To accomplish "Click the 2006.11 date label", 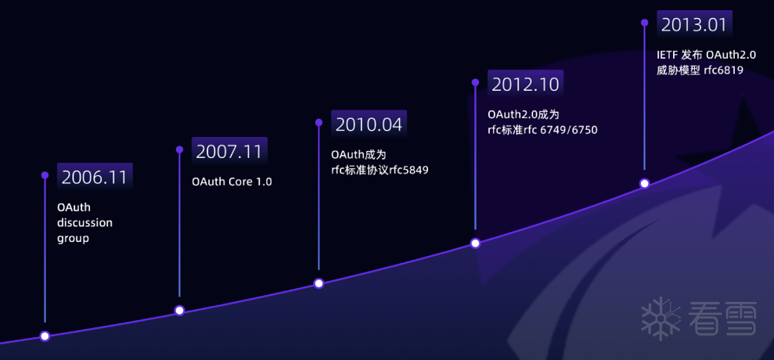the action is [95, 177].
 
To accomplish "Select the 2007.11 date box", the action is [229, 151].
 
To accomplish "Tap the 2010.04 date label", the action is [369, 124].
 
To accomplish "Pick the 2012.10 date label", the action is [526, 84].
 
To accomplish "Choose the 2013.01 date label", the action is [694, 24].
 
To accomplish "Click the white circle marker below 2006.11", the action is [45, 337].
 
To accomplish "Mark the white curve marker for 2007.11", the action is [180, 310].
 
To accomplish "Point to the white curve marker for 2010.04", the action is [319, 283].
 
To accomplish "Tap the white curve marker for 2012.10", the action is [475, 243].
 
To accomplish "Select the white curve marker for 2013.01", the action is [644, 183].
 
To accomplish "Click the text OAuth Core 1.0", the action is [232, 182].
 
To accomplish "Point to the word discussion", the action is [85, 223].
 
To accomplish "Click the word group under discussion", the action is [73, 239].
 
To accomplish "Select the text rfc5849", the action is [409, 171].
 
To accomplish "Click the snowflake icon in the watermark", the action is [661, 319].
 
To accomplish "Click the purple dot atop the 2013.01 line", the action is [644, 23].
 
